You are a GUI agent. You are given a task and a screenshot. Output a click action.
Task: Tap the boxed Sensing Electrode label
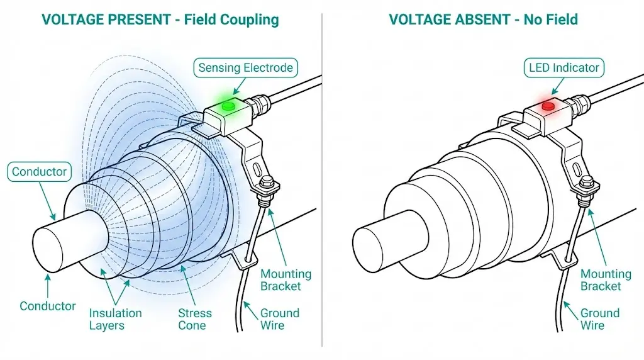click(x=245, y=67)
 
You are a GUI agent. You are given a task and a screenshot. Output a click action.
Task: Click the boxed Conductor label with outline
click(x=39, y=171)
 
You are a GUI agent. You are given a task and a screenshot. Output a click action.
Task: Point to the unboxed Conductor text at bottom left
click(x=48, y=307)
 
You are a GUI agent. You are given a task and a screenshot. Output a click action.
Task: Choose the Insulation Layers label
click(x=115, y=319)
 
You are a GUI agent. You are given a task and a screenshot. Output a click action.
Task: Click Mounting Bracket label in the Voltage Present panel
click(x=286, y=280)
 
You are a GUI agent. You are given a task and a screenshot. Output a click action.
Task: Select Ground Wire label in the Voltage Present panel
click(x=280, y=319)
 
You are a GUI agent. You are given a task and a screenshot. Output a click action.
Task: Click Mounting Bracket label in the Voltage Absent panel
click(x=606, y=280)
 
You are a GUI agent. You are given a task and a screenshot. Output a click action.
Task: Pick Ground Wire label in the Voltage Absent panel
click(x=600, y=319)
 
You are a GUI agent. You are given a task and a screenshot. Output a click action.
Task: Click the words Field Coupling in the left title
click(x=231, y=20)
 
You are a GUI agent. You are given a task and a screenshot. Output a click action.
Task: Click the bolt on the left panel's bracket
click(x=267, y=184)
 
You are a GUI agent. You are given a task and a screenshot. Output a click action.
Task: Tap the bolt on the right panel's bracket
click(x=587, y=184)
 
